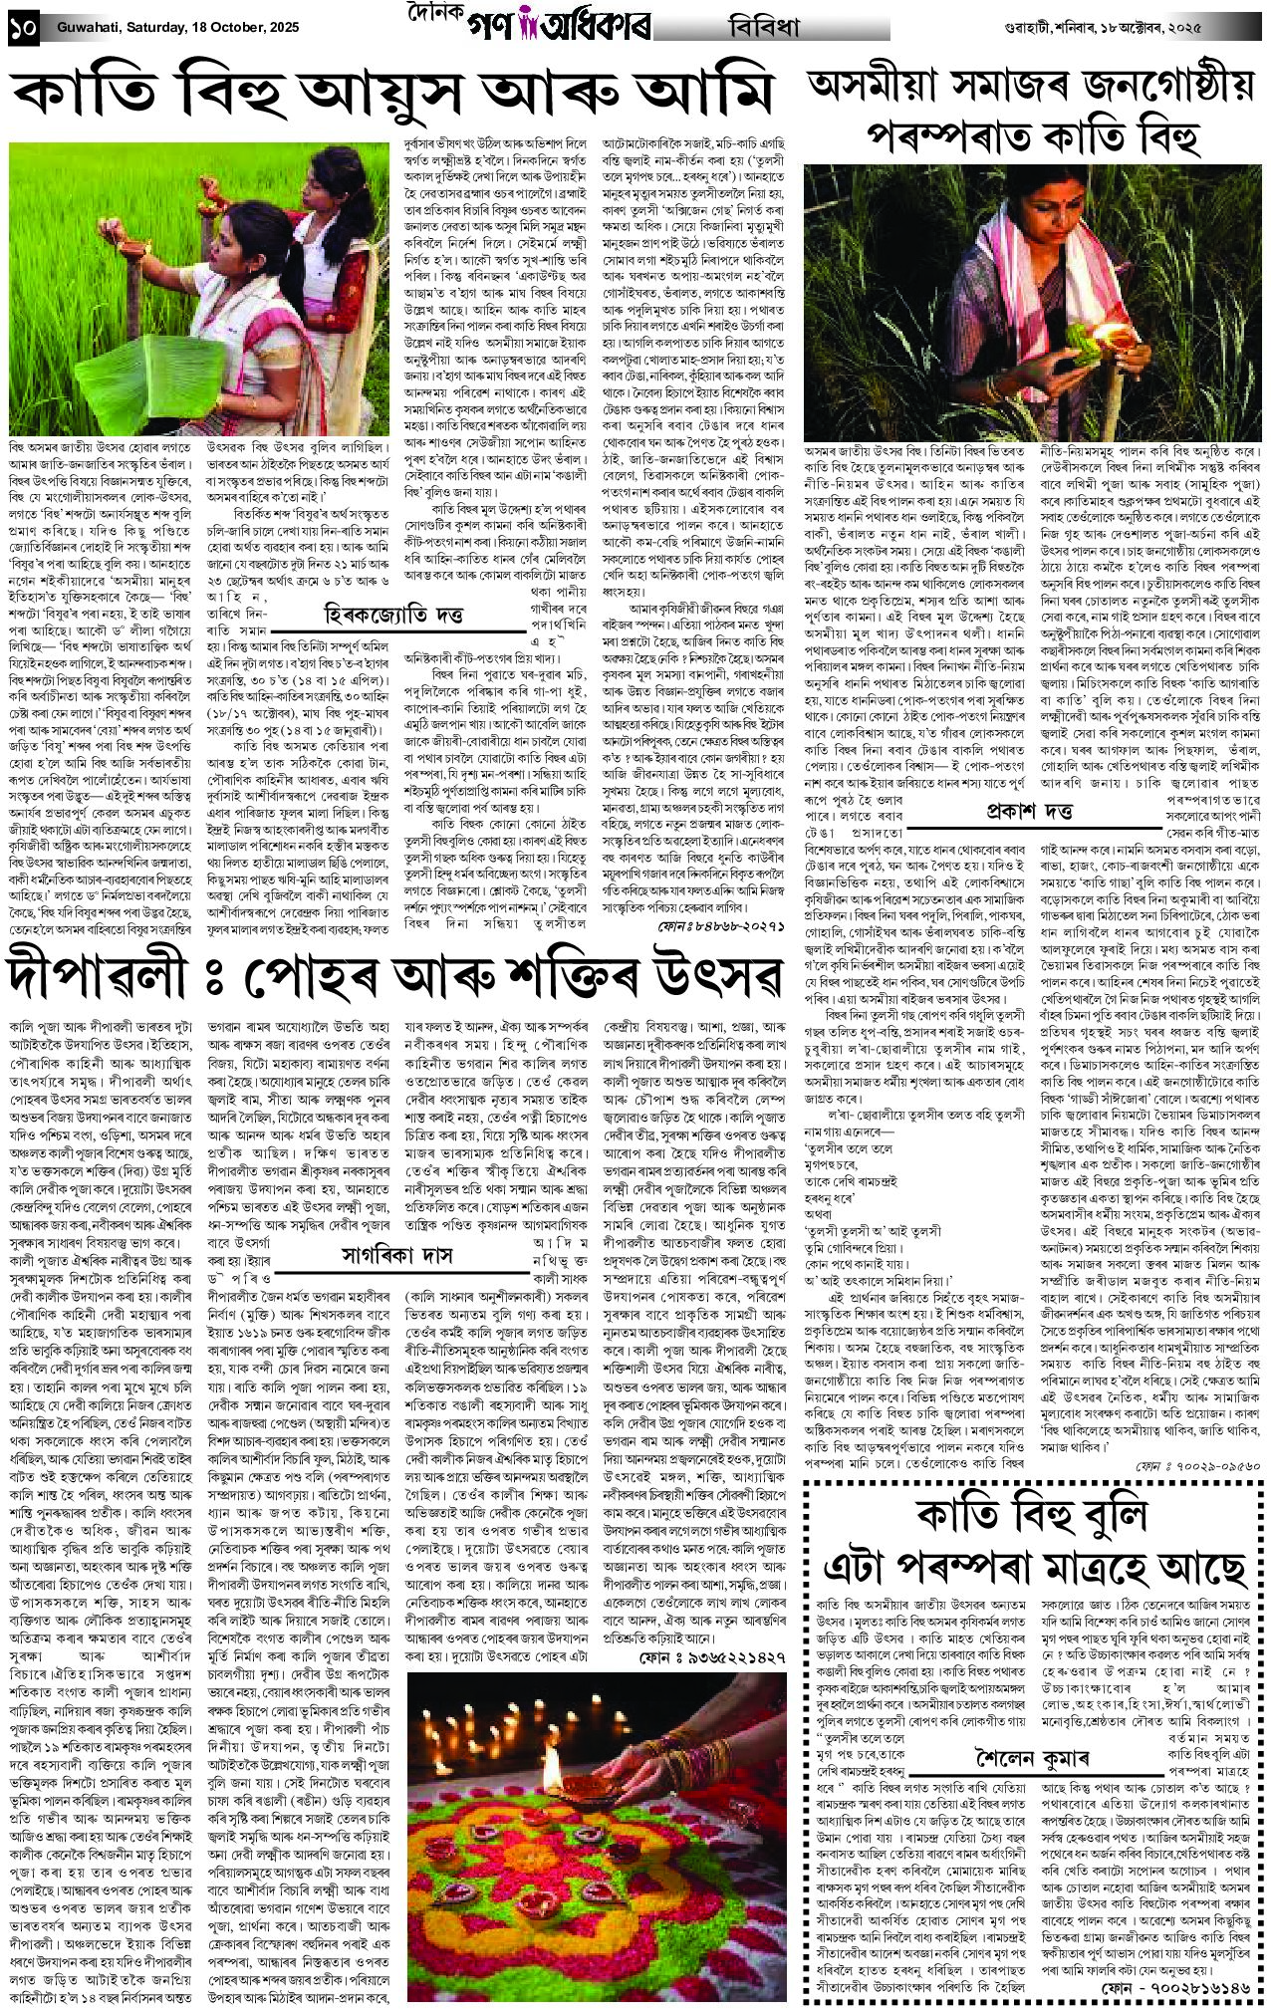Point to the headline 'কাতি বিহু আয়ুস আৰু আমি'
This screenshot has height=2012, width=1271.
392,92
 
